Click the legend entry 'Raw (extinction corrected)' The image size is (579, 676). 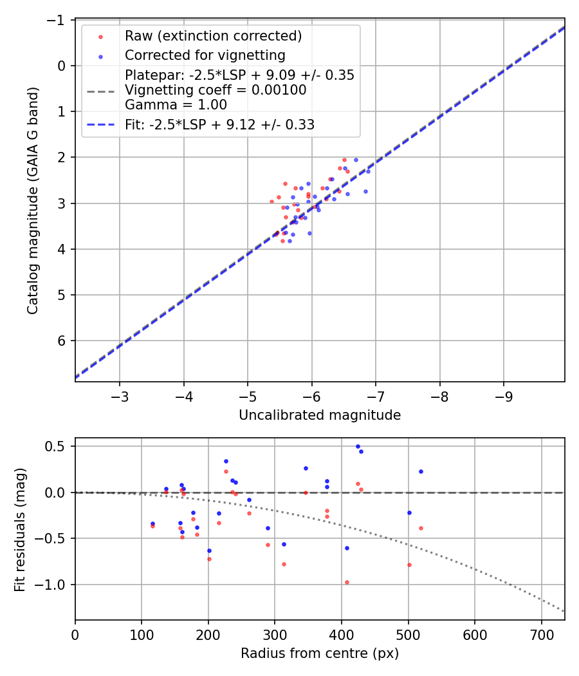point(213,35)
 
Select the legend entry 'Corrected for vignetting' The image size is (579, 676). point(205,55)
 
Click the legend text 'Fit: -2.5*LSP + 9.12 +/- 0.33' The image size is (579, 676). point(219,125)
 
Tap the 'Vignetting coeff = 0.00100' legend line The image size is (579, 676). point(216,90)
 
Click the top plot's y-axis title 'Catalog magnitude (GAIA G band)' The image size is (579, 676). point(33,200)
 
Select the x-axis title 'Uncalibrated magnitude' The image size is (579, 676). point(320,415)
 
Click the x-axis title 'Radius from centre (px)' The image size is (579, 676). point(320,653)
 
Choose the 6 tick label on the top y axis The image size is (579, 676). point(62,341)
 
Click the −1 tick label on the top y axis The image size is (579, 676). point(59,20)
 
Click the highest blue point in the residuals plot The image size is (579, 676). point(358,446)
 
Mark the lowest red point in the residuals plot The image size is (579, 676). point(347,582)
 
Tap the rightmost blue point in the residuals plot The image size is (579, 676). point(421,471)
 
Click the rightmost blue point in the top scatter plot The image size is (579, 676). point(368,171)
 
